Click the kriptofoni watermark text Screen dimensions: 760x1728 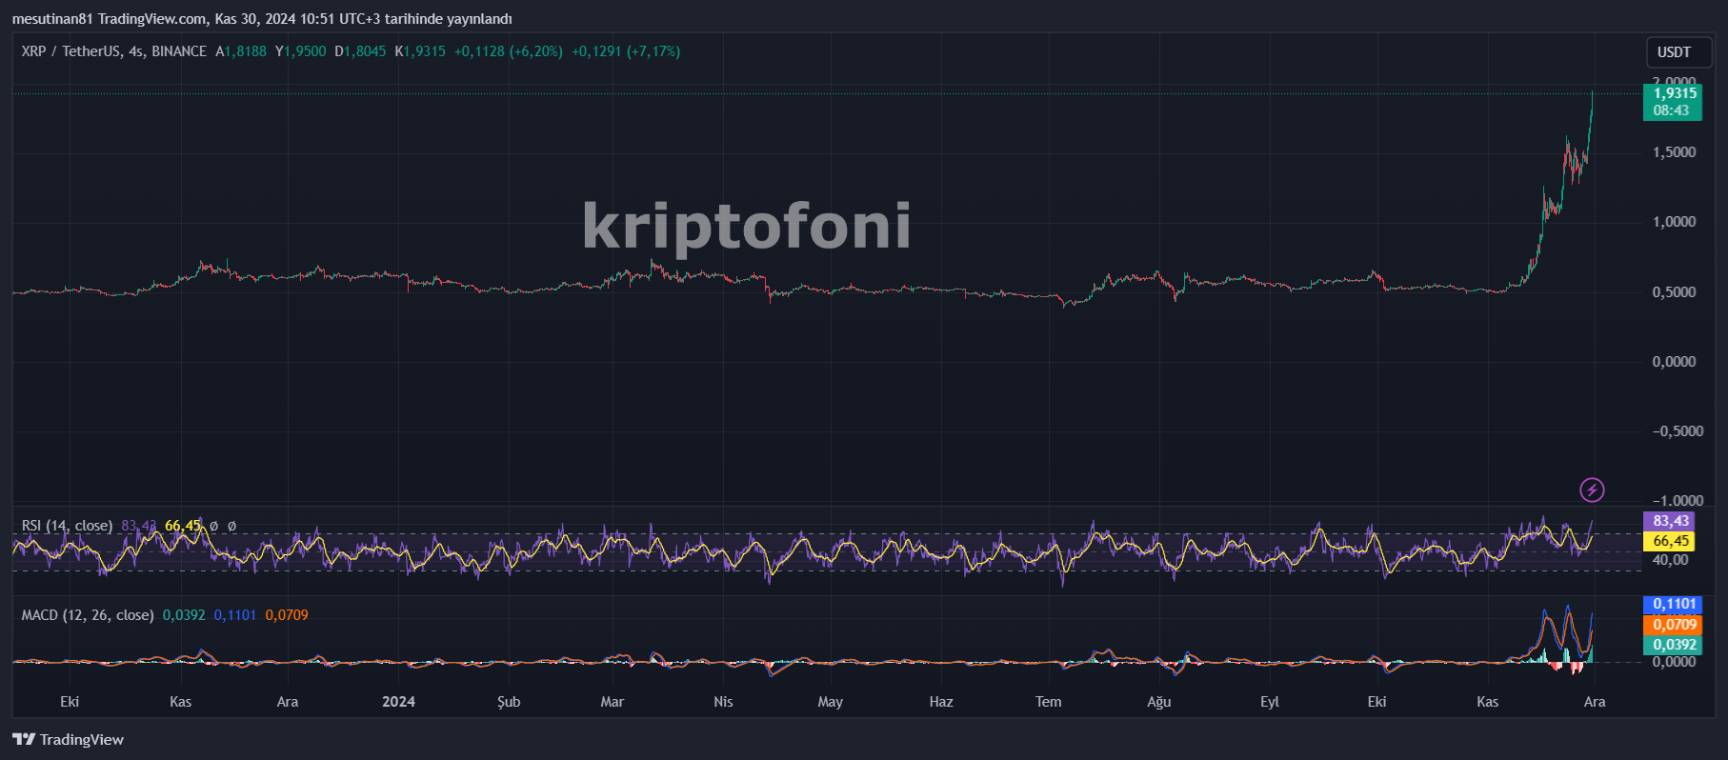(746, 226)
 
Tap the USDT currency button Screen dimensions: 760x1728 (1674, 52)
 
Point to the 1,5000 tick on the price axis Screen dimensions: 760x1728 (1674, 152)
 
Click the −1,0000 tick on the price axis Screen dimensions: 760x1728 (1678, 501)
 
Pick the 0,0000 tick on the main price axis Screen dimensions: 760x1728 (1674, 362)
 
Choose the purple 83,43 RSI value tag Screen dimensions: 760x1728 (1670, 521)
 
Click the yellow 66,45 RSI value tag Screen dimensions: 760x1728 (1670, 541)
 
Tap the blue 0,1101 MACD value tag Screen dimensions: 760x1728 (1674, 604)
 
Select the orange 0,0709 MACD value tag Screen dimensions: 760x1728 (1674, 625)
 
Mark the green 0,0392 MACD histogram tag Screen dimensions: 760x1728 (1674, 645)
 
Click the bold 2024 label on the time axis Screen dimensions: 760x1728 (398, 702)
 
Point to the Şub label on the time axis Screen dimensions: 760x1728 (509, 702)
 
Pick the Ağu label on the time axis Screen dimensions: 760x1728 (1158, 702)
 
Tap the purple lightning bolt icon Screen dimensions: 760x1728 (1592, 490)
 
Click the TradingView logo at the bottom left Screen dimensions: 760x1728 (69, 740)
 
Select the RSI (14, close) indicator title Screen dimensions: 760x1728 (67, 526)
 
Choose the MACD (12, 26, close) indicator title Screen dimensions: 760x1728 (88, 615)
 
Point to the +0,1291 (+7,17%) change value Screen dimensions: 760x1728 (626, 51)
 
